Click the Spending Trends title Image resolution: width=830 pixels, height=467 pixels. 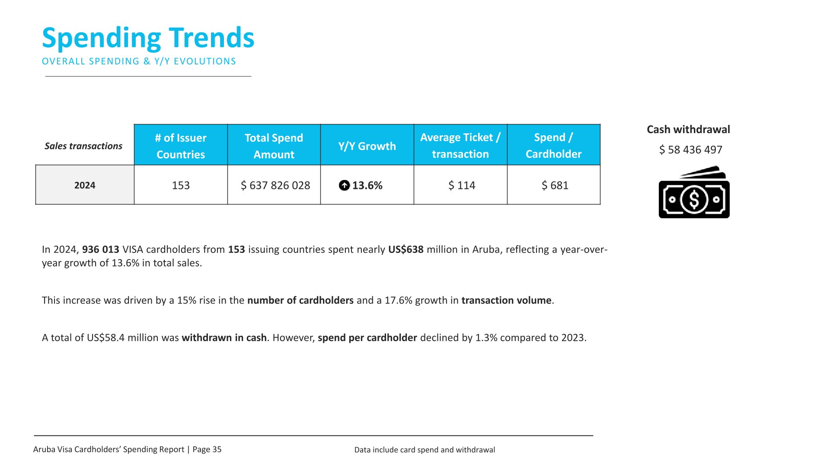148,38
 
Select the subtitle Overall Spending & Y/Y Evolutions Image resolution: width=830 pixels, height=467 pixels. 139,61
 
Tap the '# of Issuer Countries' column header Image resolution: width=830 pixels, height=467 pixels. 181,146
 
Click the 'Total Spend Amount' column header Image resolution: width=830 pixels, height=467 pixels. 274,146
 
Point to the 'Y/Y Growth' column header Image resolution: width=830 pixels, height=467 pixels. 367,146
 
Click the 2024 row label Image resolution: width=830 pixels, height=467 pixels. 85,185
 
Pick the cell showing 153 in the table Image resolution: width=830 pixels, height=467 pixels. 181,185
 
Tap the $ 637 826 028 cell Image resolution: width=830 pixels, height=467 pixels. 275,186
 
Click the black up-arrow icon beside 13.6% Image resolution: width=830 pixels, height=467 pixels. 344,186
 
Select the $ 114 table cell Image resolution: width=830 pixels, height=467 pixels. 462,186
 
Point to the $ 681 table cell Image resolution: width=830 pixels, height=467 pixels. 555,186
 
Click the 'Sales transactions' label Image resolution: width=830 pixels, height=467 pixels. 83,146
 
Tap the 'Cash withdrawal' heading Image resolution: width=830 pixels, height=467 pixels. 688,129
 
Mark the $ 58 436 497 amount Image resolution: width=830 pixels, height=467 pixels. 691,150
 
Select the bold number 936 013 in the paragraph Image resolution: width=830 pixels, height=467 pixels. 101,249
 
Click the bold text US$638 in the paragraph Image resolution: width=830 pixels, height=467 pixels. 406,249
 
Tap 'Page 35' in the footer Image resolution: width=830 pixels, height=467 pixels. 207,449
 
